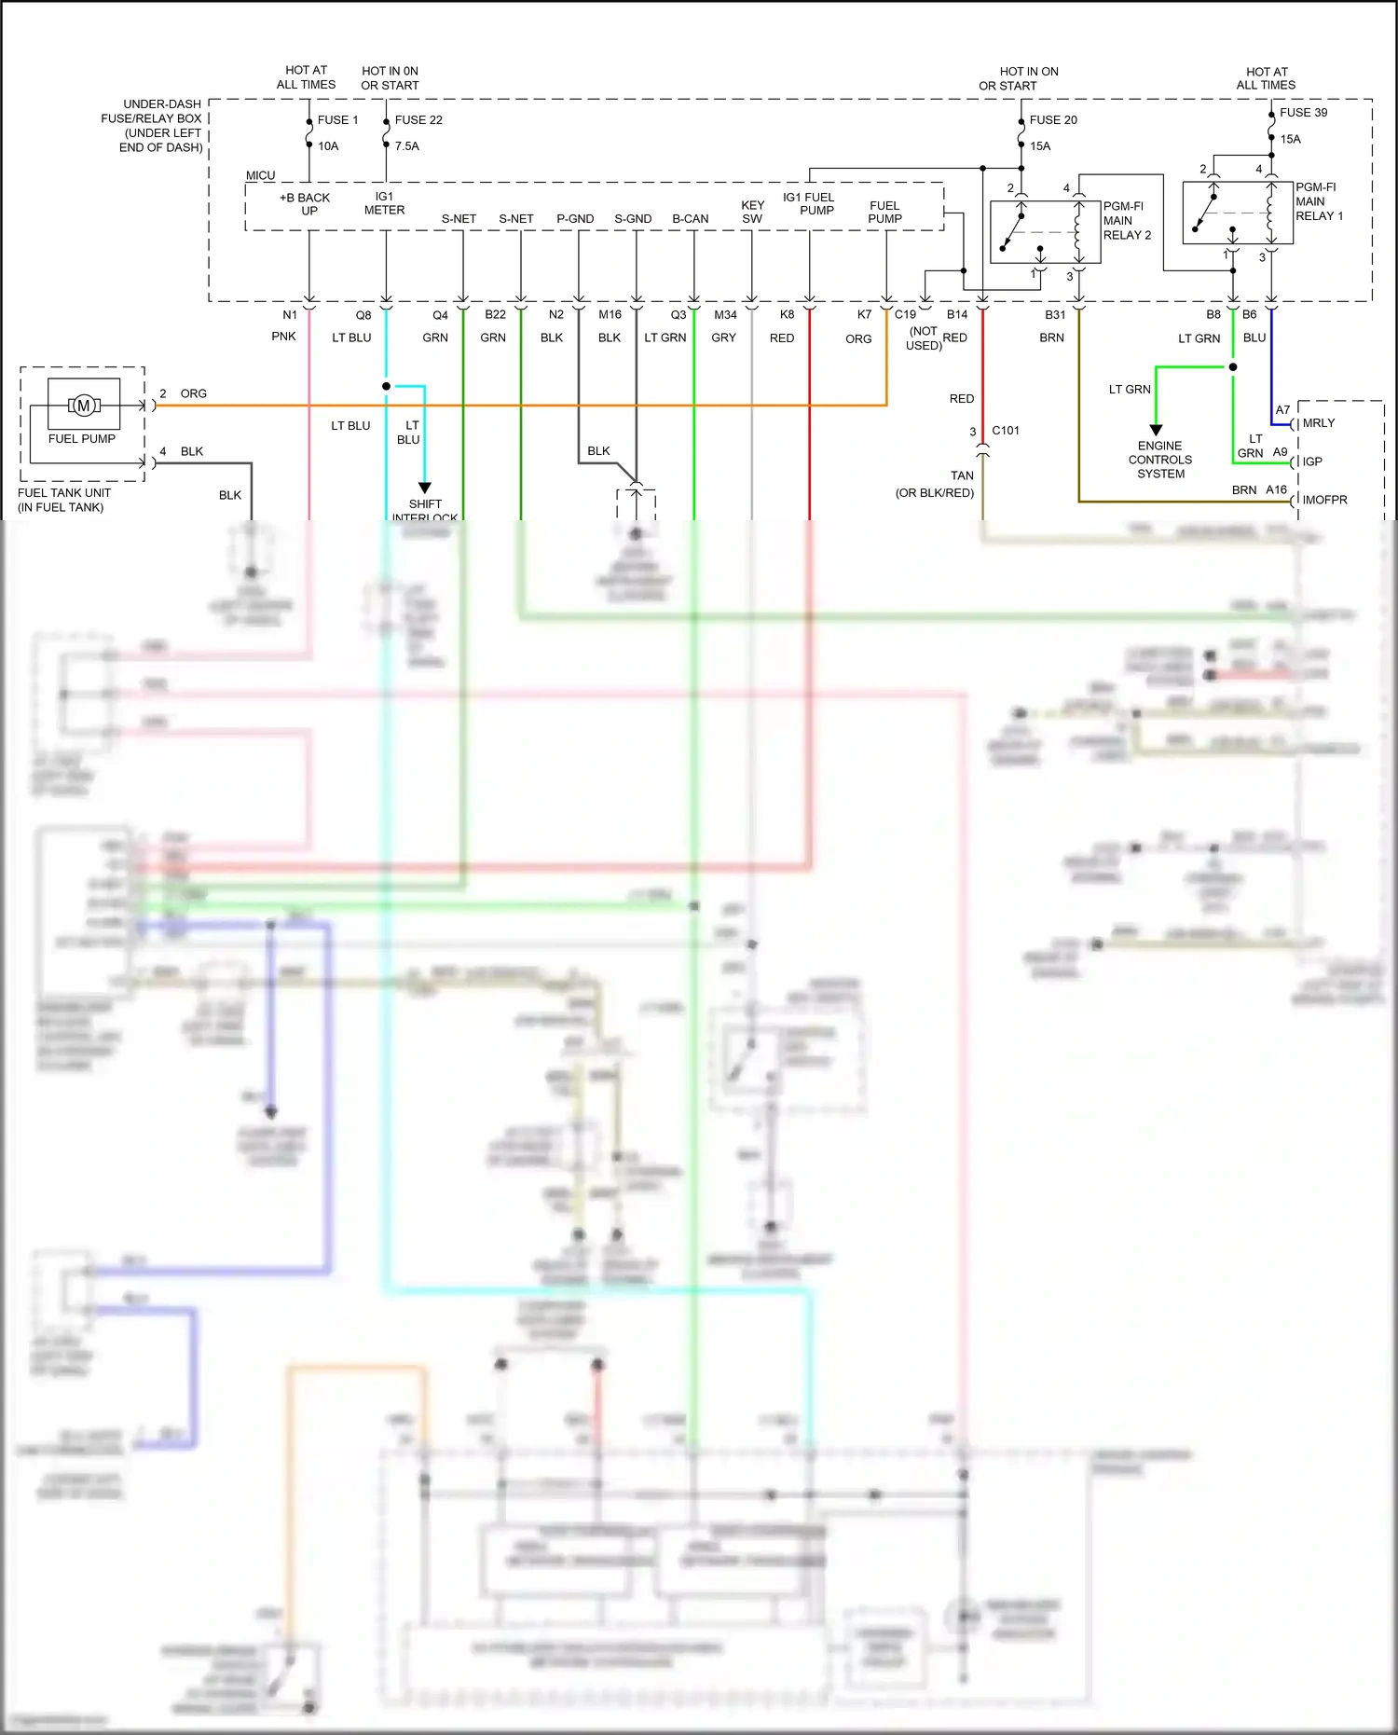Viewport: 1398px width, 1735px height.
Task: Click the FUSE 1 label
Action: (x=337, y=120)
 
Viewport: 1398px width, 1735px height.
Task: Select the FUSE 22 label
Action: (x=418, y=120)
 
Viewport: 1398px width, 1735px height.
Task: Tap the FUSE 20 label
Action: (x=1053, y=120)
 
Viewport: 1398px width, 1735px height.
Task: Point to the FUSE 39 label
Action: (x=1303, y=113)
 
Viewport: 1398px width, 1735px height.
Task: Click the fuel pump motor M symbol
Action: (x=84, y=406)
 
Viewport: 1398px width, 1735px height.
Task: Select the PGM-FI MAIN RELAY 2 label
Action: (x=1127, y=221)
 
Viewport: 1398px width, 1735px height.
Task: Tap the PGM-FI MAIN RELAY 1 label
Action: (x=1319, y=201)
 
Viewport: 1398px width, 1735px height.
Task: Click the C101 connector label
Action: (x=1006, y=431)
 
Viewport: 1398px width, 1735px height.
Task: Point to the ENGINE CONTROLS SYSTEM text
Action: (x=1160, y=460)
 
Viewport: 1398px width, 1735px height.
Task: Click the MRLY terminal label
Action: (x=1319, y=423)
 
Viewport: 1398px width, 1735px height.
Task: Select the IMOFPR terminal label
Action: (x=1324, y=501)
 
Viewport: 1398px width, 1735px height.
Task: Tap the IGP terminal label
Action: (x=1312, y=461)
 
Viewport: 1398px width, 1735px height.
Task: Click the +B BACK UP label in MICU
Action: (x=306, y=204)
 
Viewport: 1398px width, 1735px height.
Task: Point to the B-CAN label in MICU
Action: (x=691, y=219)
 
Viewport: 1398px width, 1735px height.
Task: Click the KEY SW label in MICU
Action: (x=752, y=212)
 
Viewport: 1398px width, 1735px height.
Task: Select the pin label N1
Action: (x=290, y=315)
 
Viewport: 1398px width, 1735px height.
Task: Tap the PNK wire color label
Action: (x=284, y=337)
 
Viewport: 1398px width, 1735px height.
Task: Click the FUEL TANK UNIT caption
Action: (x=63, y=500)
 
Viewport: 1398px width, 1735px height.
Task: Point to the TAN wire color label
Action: (x=962, y=475)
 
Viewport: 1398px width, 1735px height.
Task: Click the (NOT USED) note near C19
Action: (x=924, y=338)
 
